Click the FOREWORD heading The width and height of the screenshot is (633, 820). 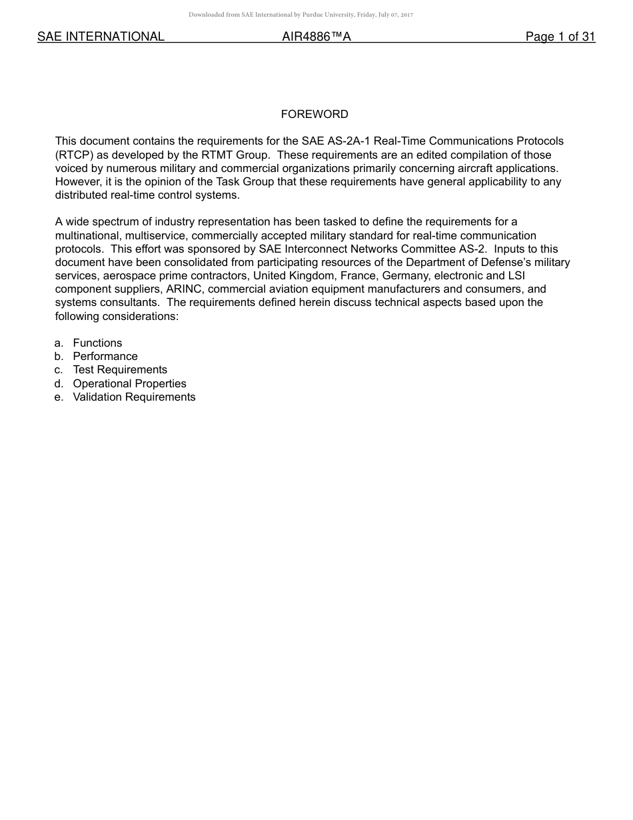point(315,115)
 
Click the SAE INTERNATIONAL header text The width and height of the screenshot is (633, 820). point(101,37)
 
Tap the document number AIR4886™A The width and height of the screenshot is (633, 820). point(316,37)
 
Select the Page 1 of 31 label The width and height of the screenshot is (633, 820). point(560,37)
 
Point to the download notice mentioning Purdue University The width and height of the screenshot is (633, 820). point(301,15)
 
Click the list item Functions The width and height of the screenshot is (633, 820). point(97,343)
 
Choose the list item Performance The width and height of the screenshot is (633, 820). point(105,357)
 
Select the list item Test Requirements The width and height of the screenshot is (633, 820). point(120,370)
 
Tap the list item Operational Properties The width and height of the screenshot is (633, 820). point(129,384)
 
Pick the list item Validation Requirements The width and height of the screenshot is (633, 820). point(134,397)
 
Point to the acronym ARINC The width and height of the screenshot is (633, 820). point(179,289)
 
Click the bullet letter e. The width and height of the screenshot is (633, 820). point(59,397)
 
